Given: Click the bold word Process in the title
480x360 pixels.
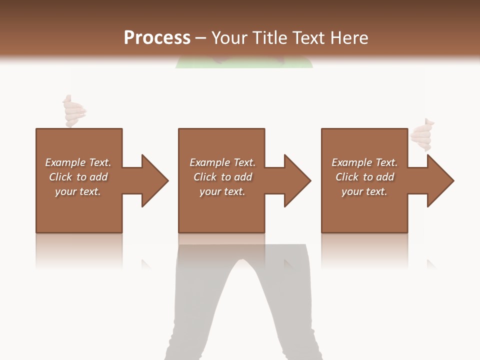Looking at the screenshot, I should coord(157,38).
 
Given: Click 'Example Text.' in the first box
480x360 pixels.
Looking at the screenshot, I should coord(78,162).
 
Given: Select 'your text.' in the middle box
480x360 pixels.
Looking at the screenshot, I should coord(222,191).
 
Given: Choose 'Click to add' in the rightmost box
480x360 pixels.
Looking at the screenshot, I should coord(364,177).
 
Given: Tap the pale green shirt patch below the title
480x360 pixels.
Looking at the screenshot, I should coord(244,63).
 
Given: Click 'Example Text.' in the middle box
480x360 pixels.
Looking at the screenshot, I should coord(222,162).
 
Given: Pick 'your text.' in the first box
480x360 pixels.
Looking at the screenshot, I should coord(78,191).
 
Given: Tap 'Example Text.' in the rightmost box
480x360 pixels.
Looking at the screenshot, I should coord(364,162).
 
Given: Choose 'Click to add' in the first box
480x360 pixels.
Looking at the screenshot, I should coord(78,177).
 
